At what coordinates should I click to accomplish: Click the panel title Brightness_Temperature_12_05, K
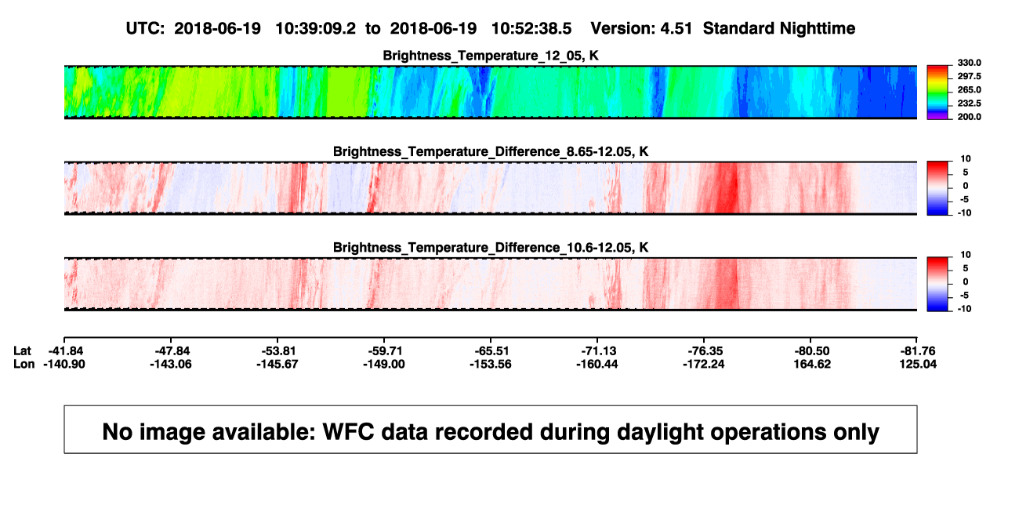click(491, 56)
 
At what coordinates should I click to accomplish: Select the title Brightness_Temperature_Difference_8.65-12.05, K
click(491, 151)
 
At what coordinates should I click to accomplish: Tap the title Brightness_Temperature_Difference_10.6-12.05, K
click(491, 248)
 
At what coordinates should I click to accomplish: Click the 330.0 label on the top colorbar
click(969, 63)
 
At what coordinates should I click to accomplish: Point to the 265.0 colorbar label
click(969, 89)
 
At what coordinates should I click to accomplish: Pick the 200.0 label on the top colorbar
click(969, 117)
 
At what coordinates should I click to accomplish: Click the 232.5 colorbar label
click(969, 104)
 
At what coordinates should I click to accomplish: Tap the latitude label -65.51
click(491, 351)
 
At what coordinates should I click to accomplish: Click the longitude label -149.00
click(383, 364)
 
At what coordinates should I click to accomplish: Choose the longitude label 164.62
click(812, 364)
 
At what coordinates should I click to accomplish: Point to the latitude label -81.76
click(918, 351)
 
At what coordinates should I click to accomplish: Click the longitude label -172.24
click(703, 364)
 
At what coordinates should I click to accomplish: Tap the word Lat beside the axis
click(22, 351)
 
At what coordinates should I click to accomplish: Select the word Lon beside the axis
click(24, 364)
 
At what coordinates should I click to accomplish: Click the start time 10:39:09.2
click(316, 29)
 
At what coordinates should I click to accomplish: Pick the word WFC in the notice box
click(348, 432)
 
